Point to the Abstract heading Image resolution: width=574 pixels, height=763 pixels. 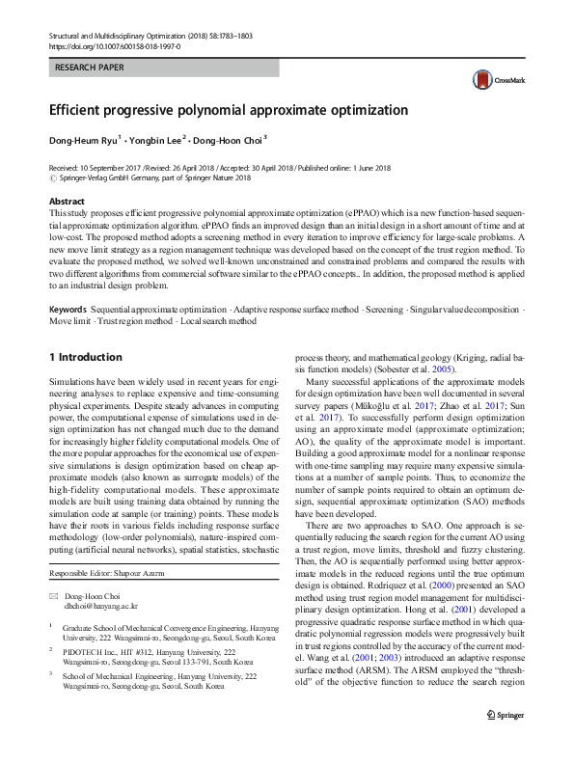[67, 201]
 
